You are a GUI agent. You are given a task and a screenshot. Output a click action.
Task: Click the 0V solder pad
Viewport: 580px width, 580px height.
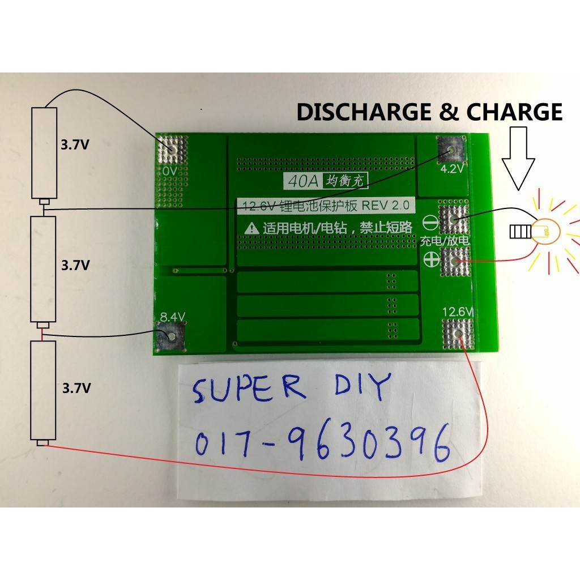[x=170, y=149]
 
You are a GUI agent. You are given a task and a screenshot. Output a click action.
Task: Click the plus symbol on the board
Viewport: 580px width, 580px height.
[x=429, y=259]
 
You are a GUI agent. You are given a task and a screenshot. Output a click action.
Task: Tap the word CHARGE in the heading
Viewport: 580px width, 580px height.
[x=514, y=112]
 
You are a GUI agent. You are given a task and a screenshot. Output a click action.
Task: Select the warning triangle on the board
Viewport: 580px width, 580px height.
[x=251, y=228]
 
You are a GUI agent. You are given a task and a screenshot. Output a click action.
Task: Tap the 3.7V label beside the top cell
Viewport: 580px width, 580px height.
[x=75, y=144]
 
